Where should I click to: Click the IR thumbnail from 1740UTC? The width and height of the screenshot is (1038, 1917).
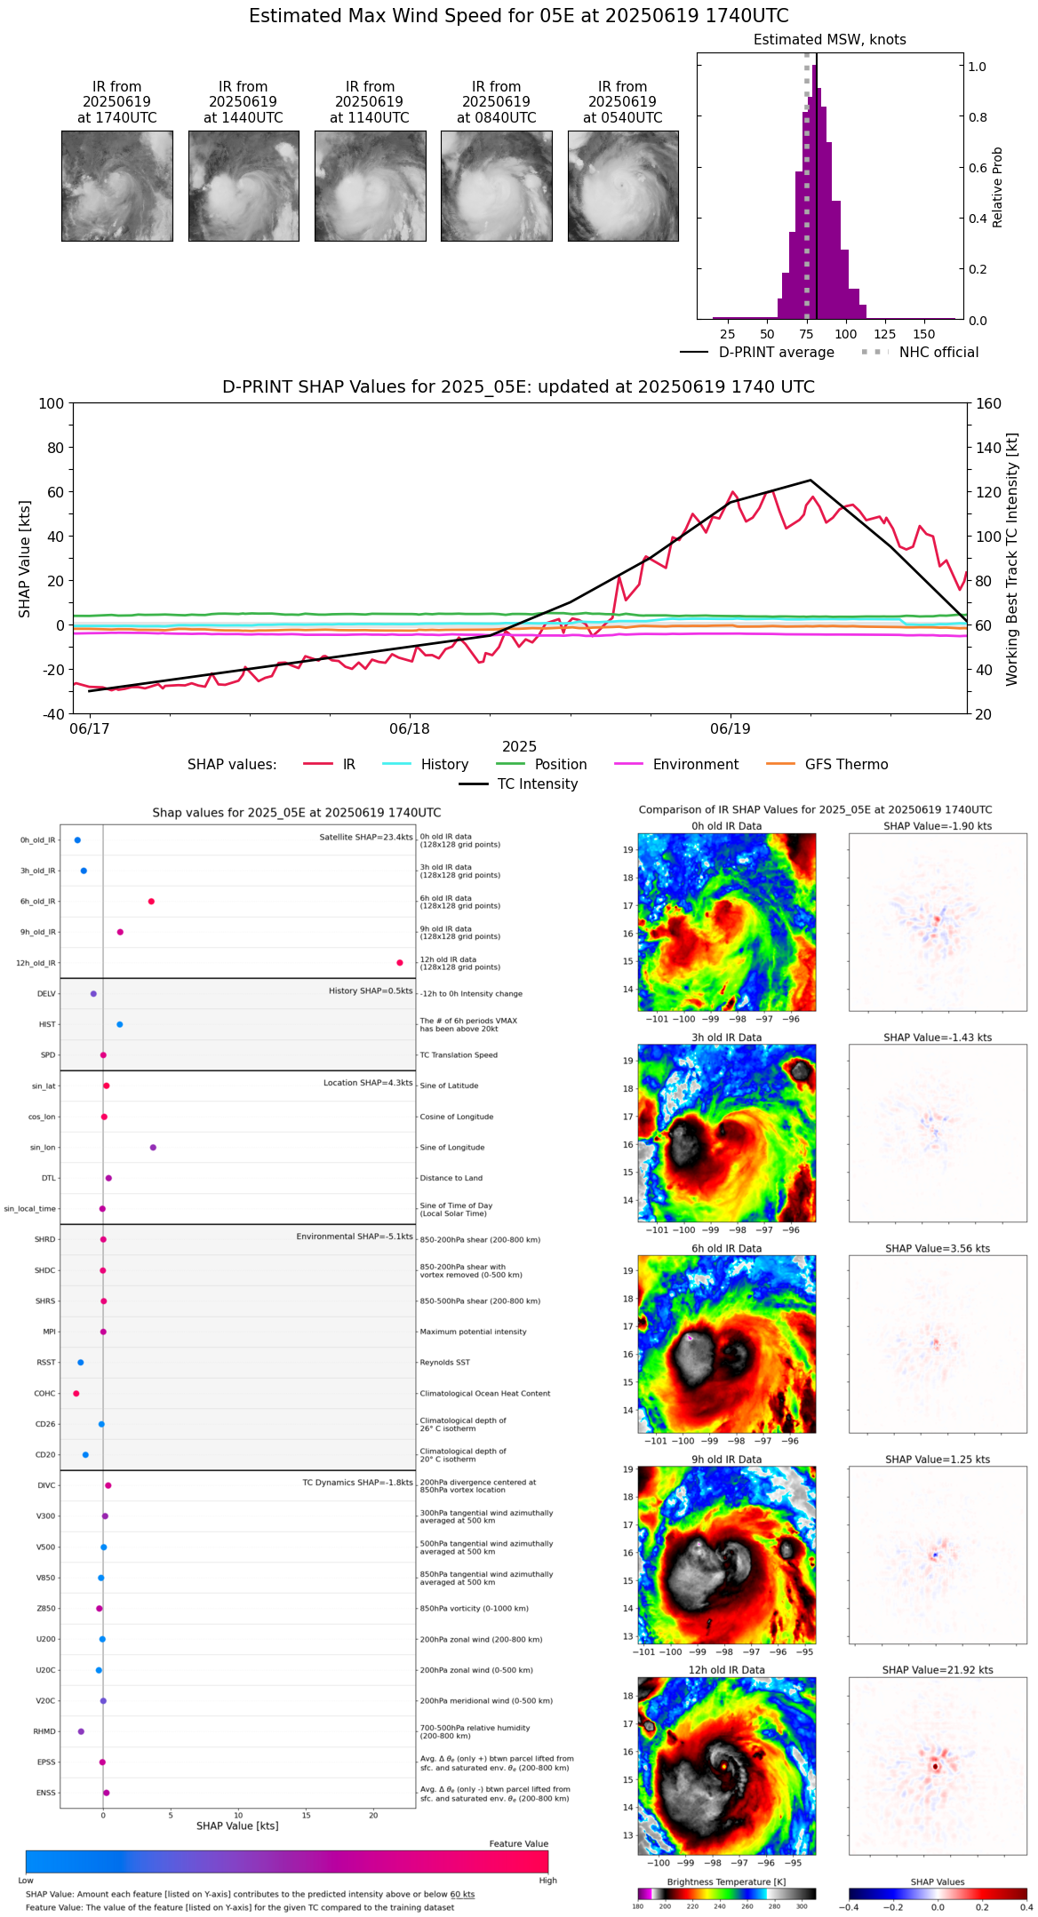tap(116, 186)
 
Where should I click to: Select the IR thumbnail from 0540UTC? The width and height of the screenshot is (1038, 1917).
tap(623, 186)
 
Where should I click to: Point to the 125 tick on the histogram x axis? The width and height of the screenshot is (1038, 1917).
tap(884, 335)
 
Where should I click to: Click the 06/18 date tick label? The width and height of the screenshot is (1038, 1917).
tap(410, 728)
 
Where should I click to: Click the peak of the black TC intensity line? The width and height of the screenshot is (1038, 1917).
tap(810, 481)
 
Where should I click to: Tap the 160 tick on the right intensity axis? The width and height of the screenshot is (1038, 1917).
tap(988, 404)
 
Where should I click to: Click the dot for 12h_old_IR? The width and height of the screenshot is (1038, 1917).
tap(400, 963)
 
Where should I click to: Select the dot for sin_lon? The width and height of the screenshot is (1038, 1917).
tap(153, 1148)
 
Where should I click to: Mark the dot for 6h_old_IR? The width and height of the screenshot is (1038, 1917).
tap(151, 902)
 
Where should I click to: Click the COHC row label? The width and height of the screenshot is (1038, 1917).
tap(44, 1394)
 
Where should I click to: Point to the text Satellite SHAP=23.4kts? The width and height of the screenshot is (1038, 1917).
tap(366, 838)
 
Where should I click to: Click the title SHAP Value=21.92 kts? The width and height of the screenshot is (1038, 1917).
tap(938, 1670)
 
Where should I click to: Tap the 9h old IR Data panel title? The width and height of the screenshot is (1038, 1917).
tap(726, 1460)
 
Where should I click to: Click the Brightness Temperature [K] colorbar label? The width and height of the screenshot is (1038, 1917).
tap(726, 1882)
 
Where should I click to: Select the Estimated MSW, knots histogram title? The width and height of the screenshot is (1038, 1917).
tap(829, 40)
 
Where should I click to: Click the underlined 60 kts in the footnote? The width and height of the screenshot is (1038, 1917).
tap(462, 1895)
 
